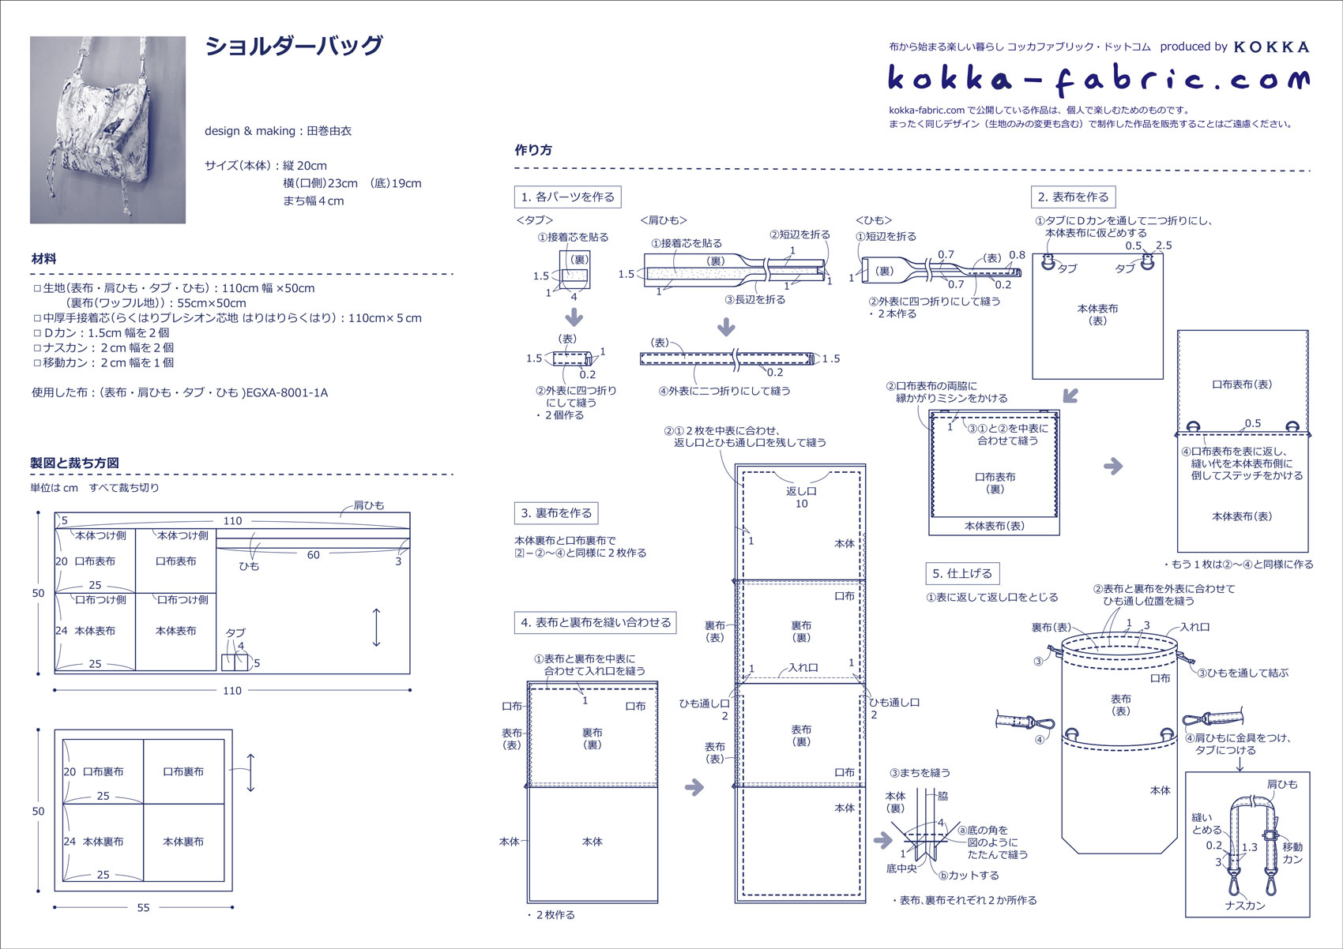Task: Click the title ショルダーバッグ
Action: pos(294,46)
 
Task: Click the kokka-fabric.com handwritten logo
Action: pos(1098,79)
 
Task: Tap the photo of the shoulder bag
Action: pos(107,129)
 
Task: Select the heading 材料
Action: pos(43,258)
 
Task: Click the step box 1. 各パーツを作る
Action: pos(567,197)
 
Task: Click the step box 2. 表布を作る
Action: pos(1073,197)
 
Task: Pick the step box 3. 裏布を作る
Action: pos(556,513)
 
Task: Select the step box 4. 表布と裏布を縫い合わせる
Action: pos(596,622)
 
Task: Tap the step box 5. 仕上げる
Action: pos(961,573)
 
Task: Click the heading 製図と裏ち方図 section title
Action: pos(74,463)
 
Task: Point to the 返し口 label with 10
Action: pos(801,497)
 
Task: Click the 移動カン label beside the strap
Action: pos(1292,853)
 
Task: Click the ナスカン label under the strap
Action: pos(1245,906)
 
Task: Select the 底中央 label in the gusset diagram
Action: pos(901,868)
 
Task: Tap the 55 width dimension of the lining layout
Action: pos(143,907)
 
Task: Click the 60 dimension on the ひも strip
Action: pos(314,555)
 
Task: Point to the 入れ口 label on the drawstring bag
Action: pos(1194,627)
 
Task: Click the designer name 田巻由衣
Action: pos(329,131)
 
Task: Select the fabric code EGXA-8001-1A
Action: pos(287,392)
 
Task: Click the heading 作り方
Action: pos(533,150)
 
